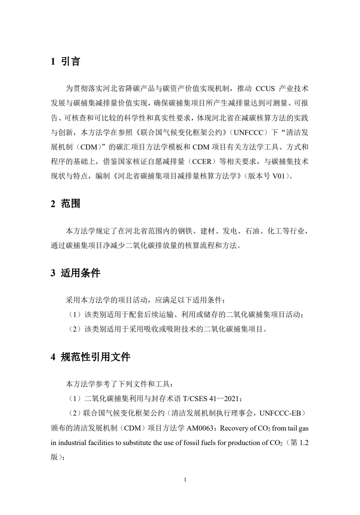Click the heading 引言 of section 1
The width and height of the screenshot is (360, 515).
[x=70, y=62]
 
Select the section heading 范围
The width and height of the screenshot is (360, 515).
[x=70, y=204]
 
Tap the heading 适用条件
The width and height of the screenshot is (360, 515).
[x=80, y=273]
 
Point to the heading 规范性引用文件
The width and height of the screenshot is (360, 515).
[x=95, y=357]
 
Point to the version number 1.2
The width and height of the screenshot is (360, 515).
[x=304, y=443]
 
